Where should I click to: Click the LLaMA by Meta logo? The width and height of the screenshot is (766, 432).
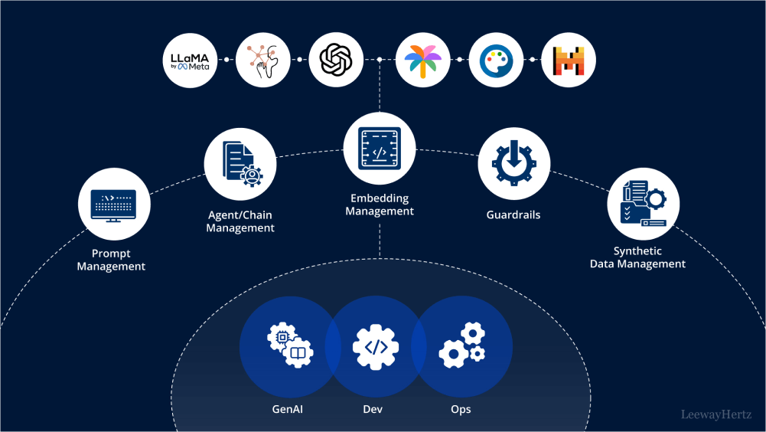(190, 61)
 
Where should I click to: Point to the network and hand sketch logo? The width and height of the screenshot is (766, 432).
(262, 61)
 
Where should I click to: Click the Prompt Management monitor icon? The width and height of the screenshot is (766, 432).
(114, 205)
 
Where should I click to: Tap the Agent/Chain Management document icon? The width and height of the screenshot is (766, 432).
(240, 163)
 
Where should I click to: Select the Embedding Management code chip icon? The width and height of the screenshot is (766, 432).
(380, 148)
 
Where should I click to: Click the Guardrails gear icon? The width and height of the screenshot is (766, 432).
(513, 163)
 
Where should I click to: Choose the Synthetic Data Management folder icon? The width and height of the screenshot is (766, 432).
(643, 204)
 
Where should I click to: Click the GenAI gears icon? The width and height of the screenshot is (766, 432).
(290, 346)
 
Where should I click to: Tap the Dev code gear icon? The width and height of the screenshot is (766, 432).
(376, 346)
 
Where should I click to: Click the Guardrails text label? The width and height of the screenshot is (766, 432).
(513, 215)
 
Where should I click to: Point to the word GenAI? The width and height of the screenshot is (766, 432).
(290, 409)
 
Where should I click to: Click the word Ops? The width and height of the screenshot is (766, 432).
(461, 409)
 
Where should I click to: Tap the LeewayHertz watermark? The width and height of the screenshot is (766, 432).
(716, 414)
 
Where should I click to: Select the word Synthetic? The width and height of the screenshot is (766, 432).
(637, 251)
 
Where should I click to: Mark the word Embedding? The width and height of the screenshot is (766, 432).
(380, 198)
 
